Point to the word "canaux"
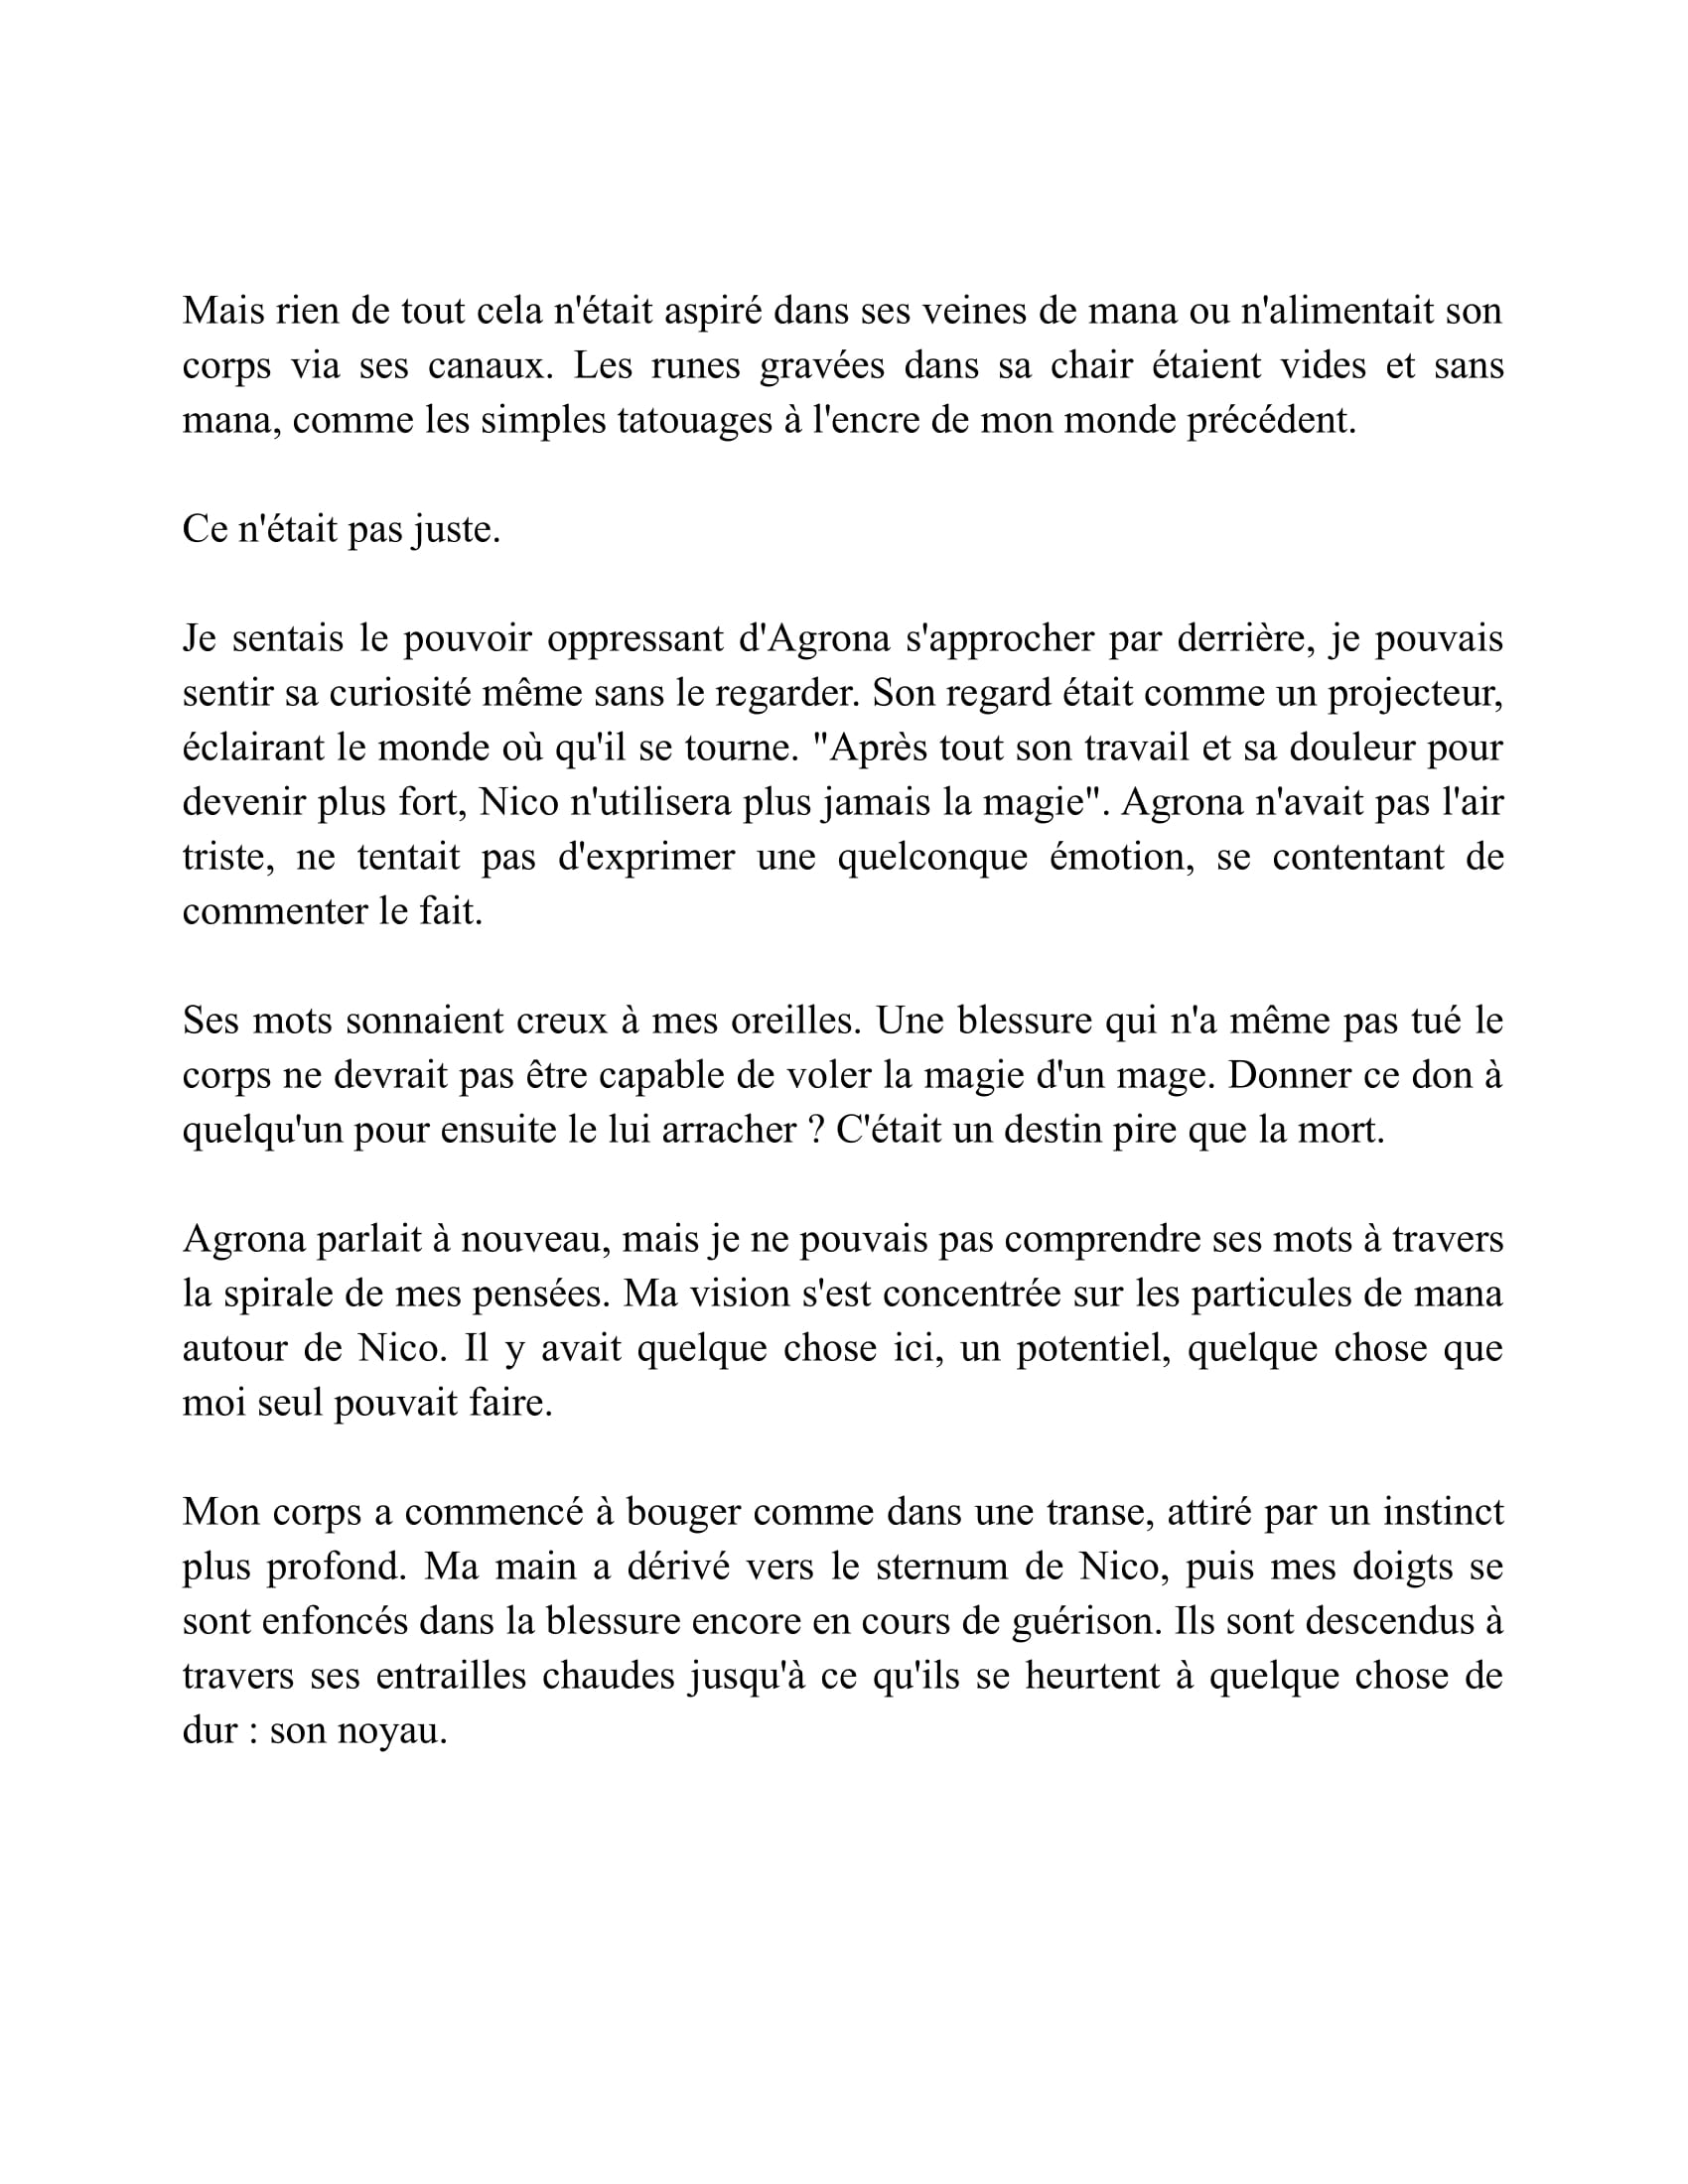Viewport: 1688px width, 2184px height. [488, 365]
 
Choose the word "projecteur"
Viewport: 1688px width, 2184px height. [1414, 693]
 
